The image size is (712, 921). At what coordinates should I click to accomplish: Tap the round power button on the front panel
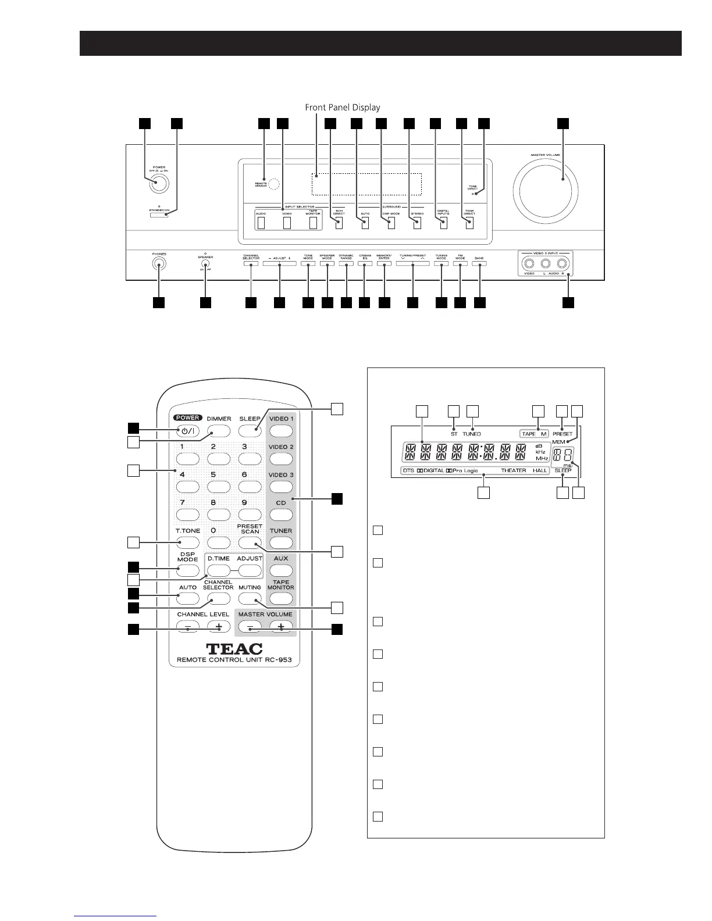coord(158,183)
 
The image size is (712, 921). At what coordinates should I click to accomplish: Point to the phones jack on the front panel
coord(158,266)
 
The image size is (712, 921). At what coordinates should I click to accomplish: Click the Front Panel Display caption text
coord(343,108)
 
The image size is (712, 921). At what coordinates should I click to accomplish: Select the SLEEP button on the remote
coord(250,431)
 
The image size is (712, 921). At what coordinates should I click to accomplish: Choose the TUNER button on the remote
coord(280,543)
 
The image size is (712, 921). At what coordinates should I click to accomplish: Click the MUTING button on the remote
coord(250,599)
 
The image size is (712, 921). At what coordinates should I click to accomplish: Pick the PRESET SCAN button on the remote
coord(250,543)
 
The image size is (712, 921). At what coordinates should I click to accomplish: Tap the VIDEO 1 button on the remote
coord(280,431)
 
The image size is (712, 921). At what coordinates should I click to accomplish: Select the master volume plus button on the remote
coord(281,627)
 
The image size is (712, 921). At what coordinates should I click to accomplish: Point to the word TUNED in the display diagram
coord(472,434)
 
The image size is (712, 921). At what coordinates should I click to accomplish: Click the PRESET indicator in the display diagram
coord(563,434)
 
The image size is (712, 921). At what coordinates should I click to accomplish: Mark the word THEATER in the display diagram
coord(514,470)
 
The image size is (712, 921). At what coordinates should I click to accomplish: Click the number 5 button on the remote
coord(213,487)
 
